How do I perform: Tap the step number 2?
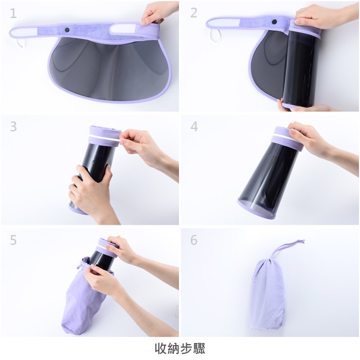(x=194, y=13)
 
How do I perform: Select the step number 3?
(x=13, y=127)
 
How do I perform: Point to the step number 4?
(x=194, y=127)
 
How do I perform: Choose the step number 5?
(x=13, y=240)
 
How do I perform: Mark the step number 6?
(x=194, y=240)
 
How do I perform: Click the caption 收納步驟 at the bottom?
(x=180, y=348)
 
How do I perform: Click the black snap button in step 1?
(x=67, y=30)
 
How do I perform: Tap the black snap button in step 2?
(x=274, y=22)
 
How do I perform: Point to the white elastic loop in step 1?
(x=20, y=43)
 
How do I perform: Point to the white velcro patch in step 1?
(x=123, y=29)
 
